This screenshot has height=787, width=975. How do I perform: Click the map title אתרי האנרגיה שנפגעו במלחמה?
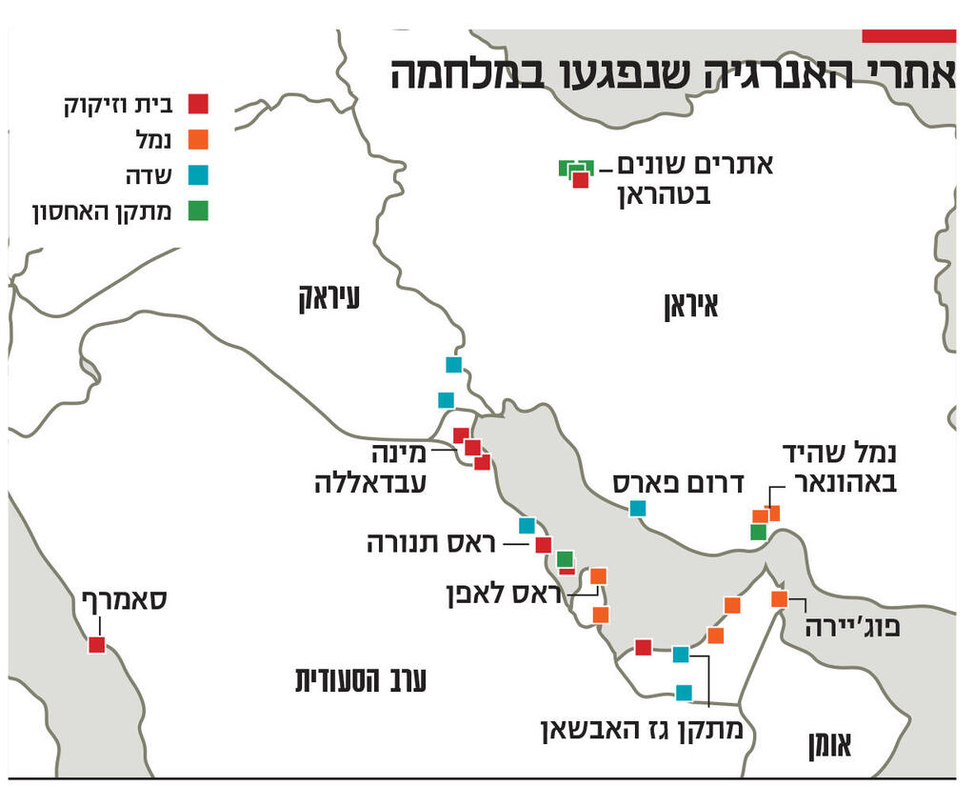tap(672, 75)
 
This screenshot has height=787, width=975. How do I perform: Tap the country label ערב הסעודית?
tap(361, 679)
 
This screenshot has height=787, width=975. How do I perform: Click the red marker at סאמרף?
tap(96, 645)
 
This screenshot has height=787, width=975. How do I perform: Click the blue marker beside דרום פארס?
tap(638, 509)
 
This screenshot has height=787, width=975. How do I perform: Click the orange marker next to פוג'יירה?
tap(779, 599)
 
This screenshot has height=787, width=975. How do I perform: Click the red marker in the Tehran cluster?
tap(580, 180)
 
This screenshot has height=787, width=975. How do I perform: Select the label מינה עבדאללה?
tap(371, 468)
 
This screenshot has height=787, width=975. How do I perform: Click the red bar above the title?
tap(908, 36)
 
